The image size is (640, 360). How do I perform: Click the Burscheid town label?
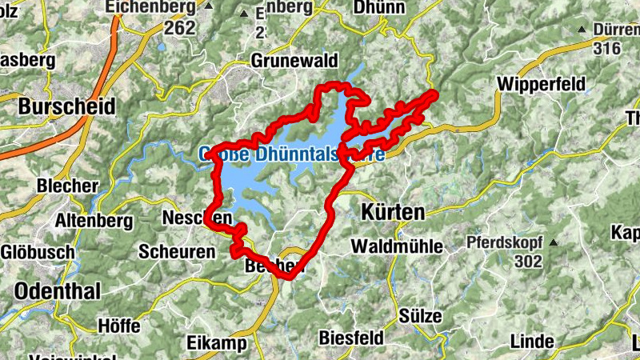66,106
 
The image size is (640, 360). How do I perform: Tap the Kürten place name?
393,212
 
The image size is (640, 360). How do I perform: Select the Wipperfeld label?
541,83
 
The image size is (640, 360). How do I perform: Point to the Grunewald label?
295,61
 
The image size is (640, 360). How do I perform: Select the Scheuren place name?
177,251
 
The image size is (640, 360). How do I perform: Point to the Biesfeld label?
351,338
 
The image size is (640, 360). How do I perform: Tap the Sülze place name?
421,315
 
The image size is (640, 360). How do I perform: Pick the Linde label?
531,342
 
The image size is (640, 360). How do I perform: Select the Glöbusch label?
38,251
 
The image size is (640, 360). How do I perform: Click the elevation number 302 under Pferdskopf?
528,262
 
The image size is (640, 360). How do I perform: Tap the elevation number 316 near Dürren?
607,48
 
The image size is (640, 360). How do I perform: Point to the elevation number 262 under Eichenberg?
180,27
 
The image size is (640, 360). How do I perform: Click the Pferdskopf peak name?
504,242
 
